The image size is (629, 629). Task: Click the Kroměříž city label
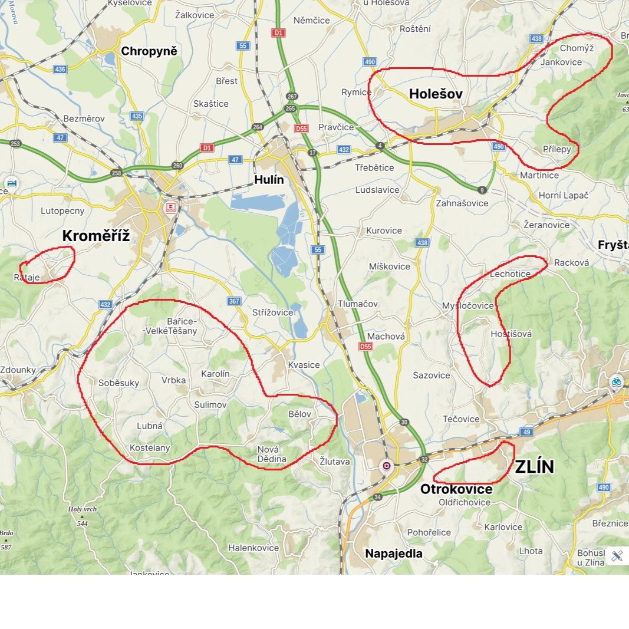coord(95,236)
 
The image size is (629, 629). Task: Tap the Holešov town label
coord(436,94)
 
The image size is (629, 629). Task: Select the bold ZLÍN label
coord(535,467)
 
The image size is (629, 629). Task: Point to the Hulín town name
coord(269,180)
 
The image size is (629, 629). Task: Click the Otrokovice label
coord(456,489)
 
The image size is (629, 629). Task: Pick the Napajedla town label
coord(394,554)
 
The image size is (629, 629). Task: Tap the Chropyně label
coord(149,51)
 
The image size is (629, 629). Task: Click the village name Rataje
coord(27,276)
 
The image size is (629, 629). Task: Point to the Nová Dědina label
coord(272,454)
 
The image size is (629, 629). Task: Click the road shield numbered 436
coord(60,69)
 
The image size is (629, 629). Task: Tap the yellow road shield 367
coord(234,301)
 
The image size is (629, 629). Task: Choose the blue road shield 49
coord(527,432)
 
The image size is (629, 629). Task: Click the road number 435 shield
coord(137,116)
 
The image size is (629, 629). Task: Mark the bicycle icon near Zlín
coord(616,381)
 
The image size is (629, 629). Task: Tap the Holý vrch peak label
coord(82,509)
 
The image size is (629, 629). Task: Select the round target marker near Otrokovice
coord(387,466)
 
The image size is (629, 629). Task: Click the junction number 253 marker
coord(15,144)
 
